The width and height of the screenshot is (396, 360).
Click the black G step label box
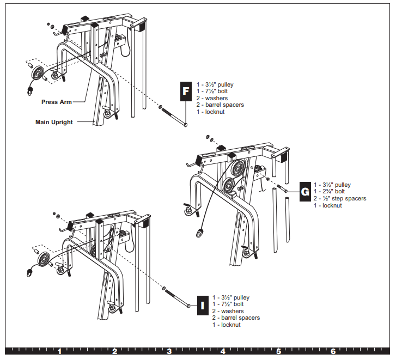click(x=305, y=191)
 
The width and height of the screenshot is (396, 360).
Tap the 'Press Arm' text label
click(x=57, y=102)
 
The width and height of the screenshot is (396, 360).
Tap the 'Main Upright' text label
click(x=53, y=122)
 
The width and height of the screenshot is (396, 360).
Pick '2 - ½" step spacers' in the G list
click(x=340, y=198)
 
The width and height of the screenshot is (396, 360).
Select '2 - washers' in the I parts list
click(x=228, y=311)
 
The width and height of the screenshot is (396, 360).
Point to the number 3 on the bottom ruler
click(x=169, y=352)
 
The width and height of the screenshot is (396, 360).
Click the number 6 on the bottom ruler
click(x=333, y=352)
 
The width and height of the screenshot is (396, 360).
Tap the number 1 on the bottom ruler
click(x=59, y=352)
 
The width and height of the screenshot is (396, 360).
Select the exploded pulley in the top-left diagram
click(x=39, y=74)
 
